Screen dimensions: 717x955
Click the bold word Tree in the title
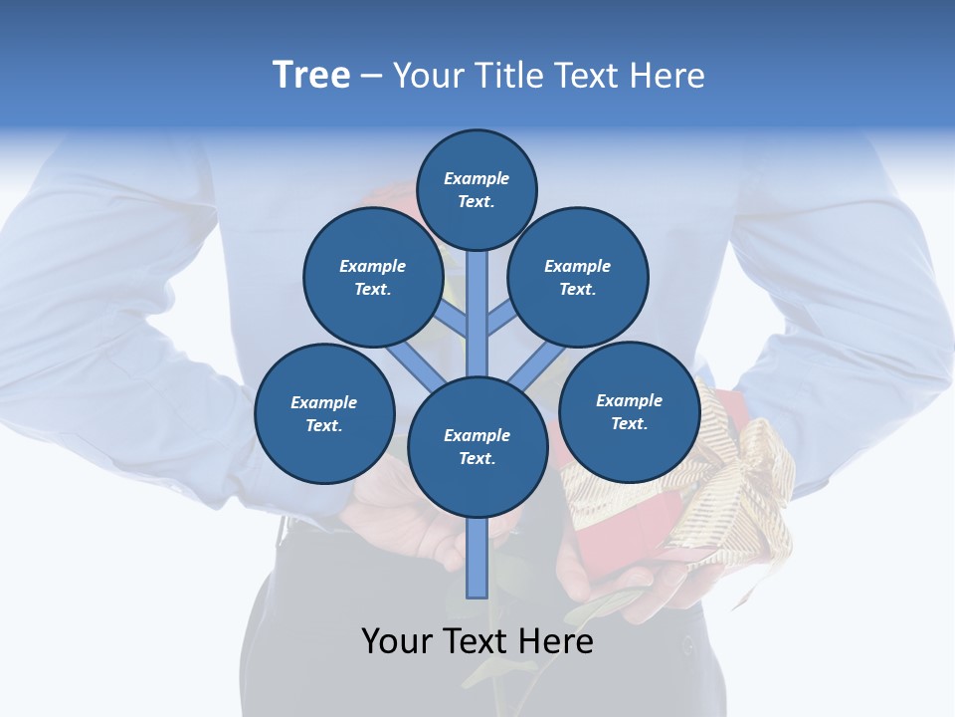[x=311, y=76]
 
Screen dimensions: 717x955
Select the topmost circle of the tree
[x=477, y=189]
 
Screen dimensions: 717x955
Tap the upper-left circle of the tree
[x=372, y=277]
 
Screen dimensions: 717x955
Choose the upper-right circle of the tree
[x=577, y=277]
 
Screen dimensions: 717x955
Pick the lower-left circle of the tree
[x=323, y=413]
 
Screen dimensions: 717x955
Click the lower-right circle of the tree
[x=629, y=411]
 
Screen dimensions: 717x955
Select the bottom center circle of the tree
[x=477, y=446]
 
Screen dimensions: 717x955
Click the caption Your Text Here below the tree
[x=477, y=641]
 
